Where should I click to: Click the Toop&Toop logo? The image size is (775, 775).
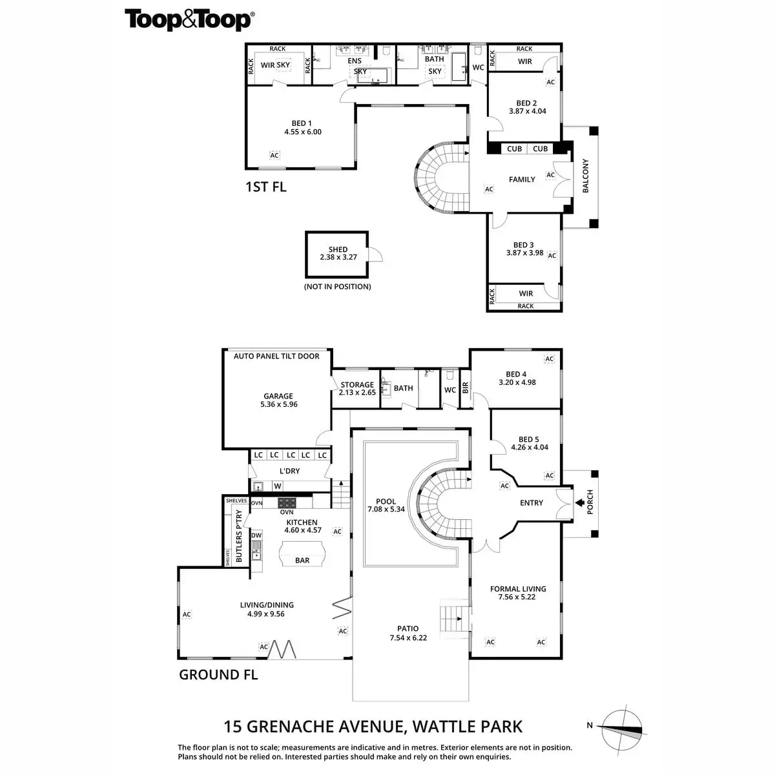point(189,19)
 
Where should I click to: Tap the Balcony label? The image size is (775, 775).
point(586,176)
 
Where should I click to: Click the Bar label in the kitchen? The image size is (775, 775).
point(302,561)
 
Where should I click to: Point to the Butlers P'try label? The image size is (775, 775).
point(239,537)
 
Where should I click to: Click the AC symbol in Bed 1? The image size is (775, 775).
point(274,156)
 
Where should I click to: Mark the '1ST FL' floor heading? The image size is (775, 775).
point(265,187)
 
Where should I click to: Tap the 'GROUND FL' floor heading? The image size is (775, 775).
point(218,675)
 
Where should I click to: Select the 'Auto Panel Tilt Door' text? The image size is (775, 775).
point(276,356)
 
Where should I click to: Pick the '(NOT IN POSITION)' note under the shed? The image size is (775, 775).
point(338,286)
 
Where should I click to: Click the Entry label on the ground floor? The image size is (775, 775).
point(532,502)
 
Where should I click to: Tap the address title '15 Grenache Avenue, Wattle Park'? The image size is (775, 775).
point(373,727)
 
